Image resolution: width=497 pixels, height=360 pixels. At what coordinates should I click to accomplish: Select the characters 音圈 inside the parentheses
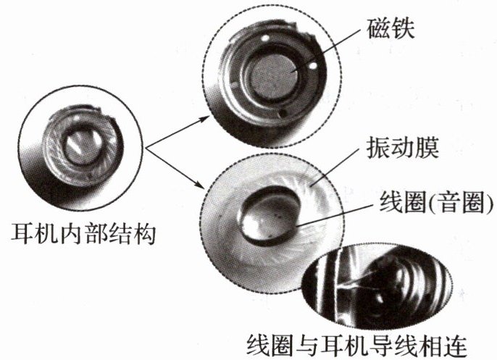point(449,204)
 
